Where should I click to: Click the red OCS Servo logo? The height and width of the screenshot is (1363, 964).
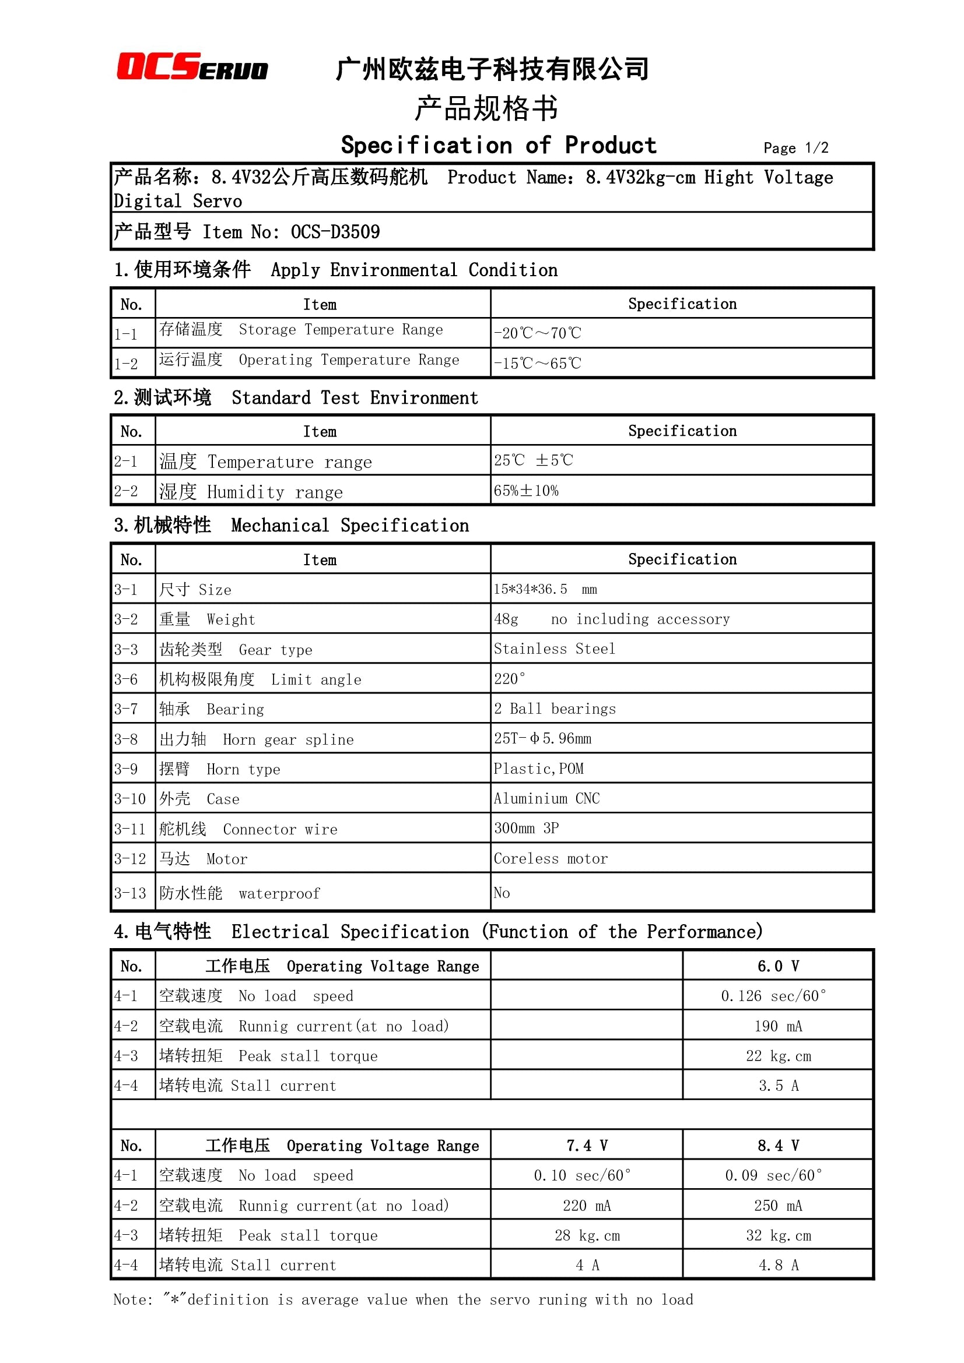tap(192, 67)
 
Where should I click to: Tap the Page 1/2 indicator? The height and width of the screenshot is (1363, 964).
tap(795, 148)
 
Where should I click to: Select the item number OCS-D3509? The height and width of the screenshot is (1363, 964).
tap(335, 232)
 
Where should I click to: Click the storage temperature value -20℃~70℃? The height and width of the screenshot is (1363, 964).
tap(537, 333)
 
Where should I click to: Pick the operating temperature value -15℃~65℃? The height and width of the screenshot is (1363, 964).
tap(537, 363)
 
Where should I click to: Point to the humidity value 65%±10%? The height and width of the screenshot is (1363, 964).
tap(525, 491)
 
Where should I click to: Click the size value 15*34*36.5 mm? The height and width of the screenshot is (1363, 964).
tap(545, 590)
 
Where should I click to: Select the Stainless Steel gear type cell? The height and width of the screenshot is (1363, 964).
tap(554, 649)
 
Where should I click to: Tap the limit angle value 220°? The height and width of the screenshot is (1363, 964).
tap(510, 679)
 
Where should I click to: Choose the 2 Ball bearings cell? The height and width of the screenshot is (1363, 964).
tap(555, 709)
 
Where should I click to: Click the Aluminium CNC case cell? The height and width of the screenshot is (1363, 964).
tap(546, 798)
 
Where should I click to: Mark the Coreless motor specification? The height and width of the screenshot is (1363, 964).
tap(551, 858)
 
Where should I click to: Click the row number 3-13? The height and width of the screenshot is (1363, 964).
tap(130, 893)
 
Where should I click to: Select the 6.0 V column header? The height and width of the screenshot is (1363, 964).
tap(777, 966)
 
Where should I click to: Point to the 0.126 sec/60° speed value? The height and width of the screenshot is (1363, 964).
tap(773, 996)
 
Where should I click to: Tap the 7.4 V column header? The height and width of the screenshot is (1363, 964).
tap(586, 1145)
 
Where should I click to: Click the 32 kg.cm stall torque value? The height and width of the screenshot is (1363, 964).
tap(778, 1235)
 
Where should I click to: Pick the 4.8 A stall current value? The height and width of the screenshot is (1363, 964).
tap(778, 1265)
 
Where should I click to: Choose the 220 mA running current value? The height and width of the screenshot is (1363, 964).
tap(586, 1206)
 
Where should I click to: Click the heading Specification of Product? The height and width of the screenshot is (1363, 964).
tap(499, 146)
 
